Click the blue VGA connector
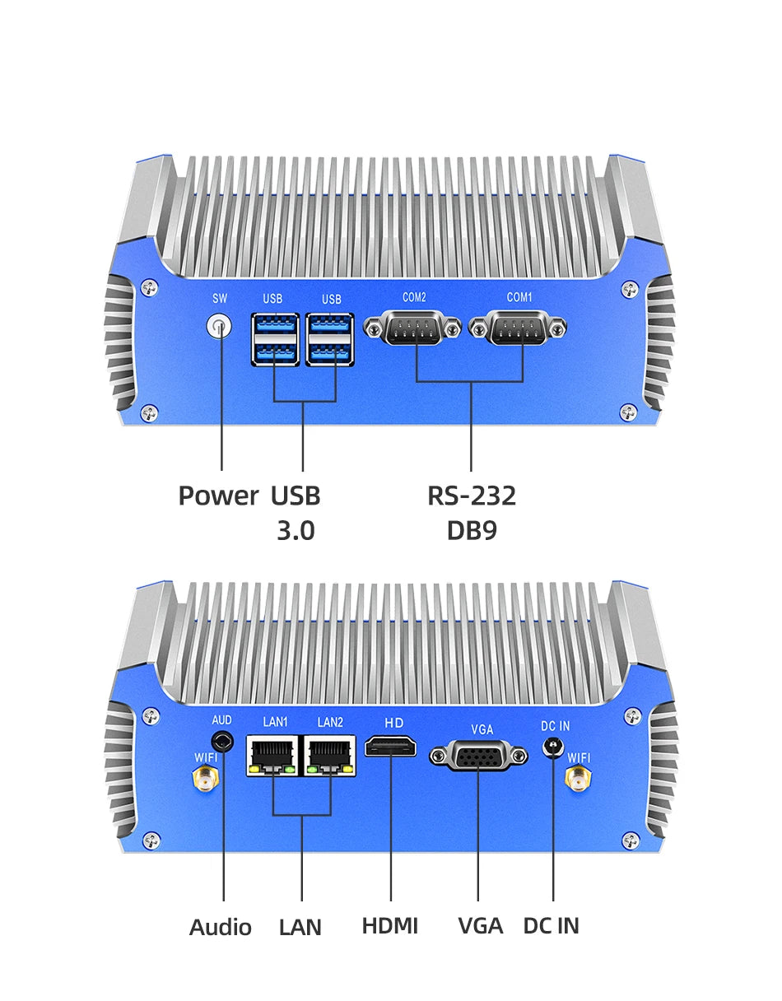[478, 755]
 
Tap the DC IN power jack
[553, 748]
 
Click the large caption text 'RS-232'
[472, 496]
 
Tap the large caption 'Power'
[218, 496]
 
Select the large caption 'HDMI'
[390, 925]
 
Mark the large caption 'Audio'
[221, 927]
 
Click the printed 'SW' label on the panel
[220, 299]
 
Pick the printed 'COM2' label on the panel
[414, 297]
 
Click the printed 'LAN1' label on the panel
[275, 723]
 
